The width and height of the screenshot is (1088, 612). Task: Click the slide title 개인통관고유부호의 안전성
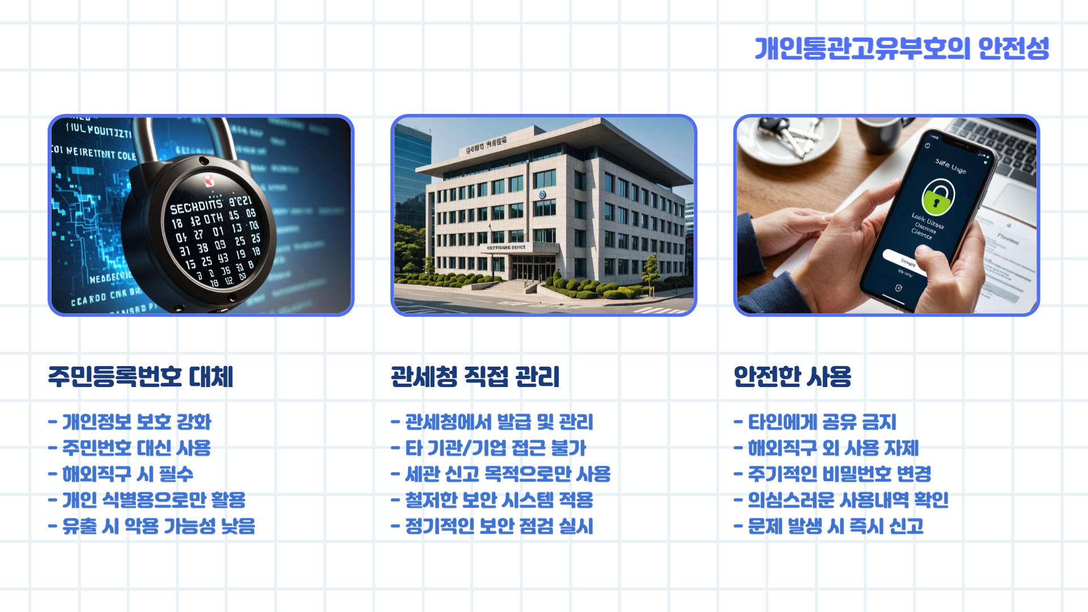click(x=902, y=48)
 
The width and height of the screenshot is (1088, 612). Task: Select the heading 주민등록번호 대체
click(x=141, y=377)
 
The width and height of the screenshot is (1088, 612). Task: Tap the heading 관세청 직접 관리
click(x=475, y=377)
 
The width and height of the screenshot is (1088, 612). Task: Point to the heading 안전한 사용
click(x=792, y=377)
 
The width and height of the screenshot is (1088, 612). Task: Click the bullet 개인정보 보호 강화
click(x=136, y=422)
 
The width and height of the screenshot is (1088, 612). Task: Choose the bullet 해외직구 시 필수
click(x=127, y=474)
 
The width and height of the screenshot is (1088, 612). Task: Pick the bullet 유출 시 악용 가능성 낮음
click(x=158, y=526)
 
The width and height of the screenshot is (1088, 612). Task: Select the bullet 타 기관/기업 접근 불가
click(x=495, y=448)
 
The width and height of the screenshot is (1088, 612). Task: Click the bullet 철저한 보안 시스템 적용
click(x=499, y=500)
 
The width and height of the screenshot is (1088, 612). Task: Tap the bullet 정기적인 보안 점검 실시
click(x=499, y=526)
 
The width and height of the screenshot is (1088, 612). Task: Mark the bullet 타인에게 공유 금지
click(x=822, y=422)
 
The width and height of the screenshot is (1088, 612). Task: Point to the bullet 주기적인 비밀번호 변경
click(x=839, y=474)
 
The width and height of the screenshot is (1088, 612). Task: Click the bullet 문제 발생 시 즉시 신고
click(x=835, y=526)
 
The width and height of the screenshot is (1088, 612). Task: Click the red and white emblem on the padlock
click(x=209, y=181)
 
